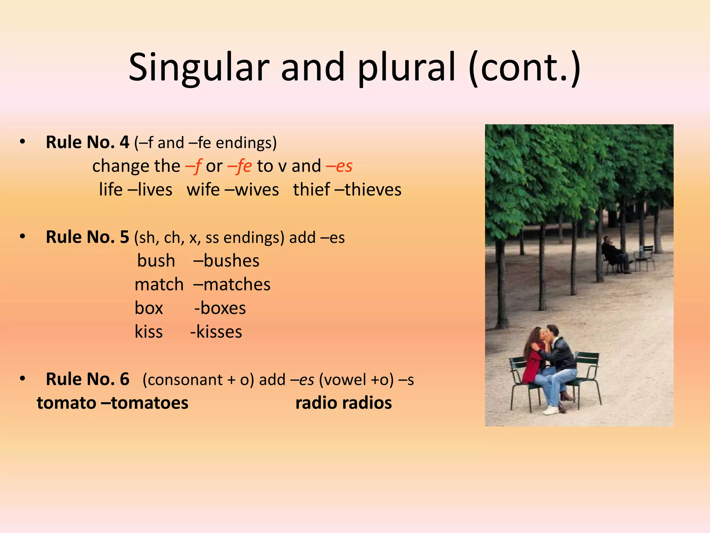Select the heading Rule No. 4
(87, 142)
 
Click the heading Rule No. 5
(87, 237)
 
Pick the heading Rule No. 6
(87, 379)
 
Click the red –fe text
(240, 166)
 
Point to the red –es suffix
(339, 166)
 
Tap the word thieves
(373, 190)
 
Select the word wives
(257, 190)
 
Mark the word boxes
(223, 308)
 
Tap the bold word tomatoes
(149, 403)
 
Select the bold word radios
(367, 403)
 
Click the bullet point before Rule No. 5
(23, 237)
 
